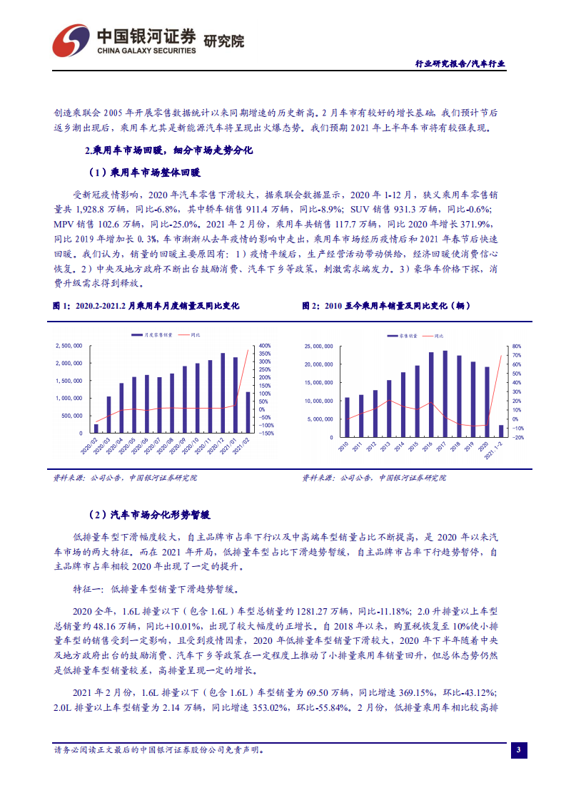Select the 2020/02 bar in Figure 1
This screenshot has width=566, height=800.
96,428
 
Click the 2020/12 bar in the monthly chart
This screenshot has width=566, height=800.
223,393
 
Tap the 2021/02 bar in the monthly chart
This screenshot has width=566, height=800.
248,412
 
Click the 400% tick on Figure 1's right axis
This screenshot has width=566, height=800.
264,346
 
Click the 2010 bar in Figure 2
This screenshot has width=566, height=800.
347,417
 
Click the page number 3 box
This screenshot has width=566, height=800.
520,750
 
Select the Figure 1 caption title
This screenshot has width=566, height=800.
146,305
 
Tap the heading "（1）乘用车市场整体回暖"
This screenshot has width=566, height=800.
145,172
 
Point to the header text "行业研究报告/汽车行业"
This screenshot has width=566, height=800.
460,63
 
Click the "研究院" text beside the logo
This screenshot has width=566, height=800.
224,41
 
